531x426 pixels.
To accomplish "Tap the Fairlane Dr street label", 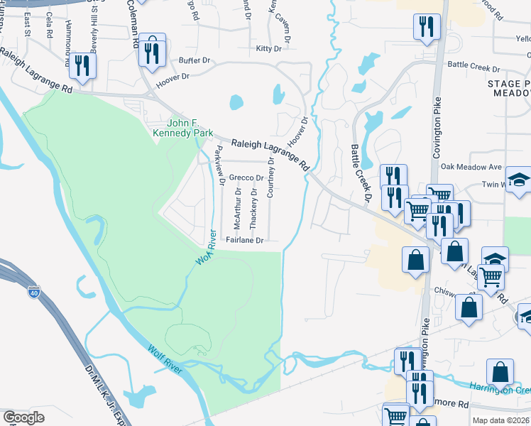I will [245, 240].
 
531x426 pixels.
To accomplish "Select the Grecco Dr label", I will [246, 177].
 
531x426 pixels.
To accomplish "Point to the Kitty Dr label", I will [268, 48].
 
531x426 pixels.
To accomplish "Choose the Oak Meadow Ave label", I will [471, 167].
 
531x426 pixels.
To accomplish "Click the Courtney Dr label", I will [270, 177].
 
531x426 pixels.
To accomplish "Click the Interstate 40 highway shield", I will [35, 291].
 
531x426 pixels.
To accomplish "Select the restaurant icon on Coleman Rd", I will [151, 51].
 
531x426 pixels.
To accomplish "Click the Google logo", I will [23, 417].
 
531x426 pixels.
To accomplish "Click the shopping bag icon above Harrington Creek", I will [500, 372].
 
